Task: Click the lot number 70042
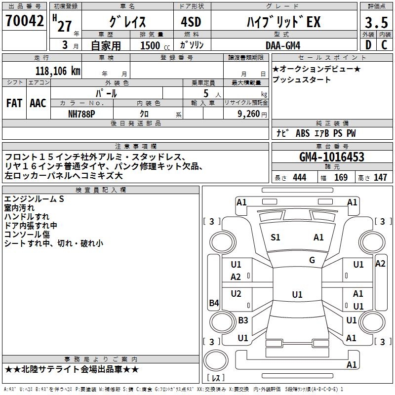25,21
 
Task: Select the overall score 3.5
376,23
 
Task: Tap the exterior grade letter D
368,45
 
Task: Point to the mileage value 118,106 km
57,71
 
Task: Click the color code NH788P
82,114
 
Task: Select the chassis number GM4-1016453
332,157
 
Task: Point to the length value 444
299,178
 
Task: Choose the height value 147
380,178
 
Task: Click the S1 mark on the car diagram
276,237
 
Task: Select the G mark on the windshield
312,260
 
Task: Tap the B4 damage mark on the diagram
214,303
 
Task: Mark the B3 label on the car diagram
243,320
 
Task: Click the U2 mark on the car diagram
236,294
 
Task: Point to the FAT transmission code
14,103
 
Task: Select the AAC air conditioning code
38,103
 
